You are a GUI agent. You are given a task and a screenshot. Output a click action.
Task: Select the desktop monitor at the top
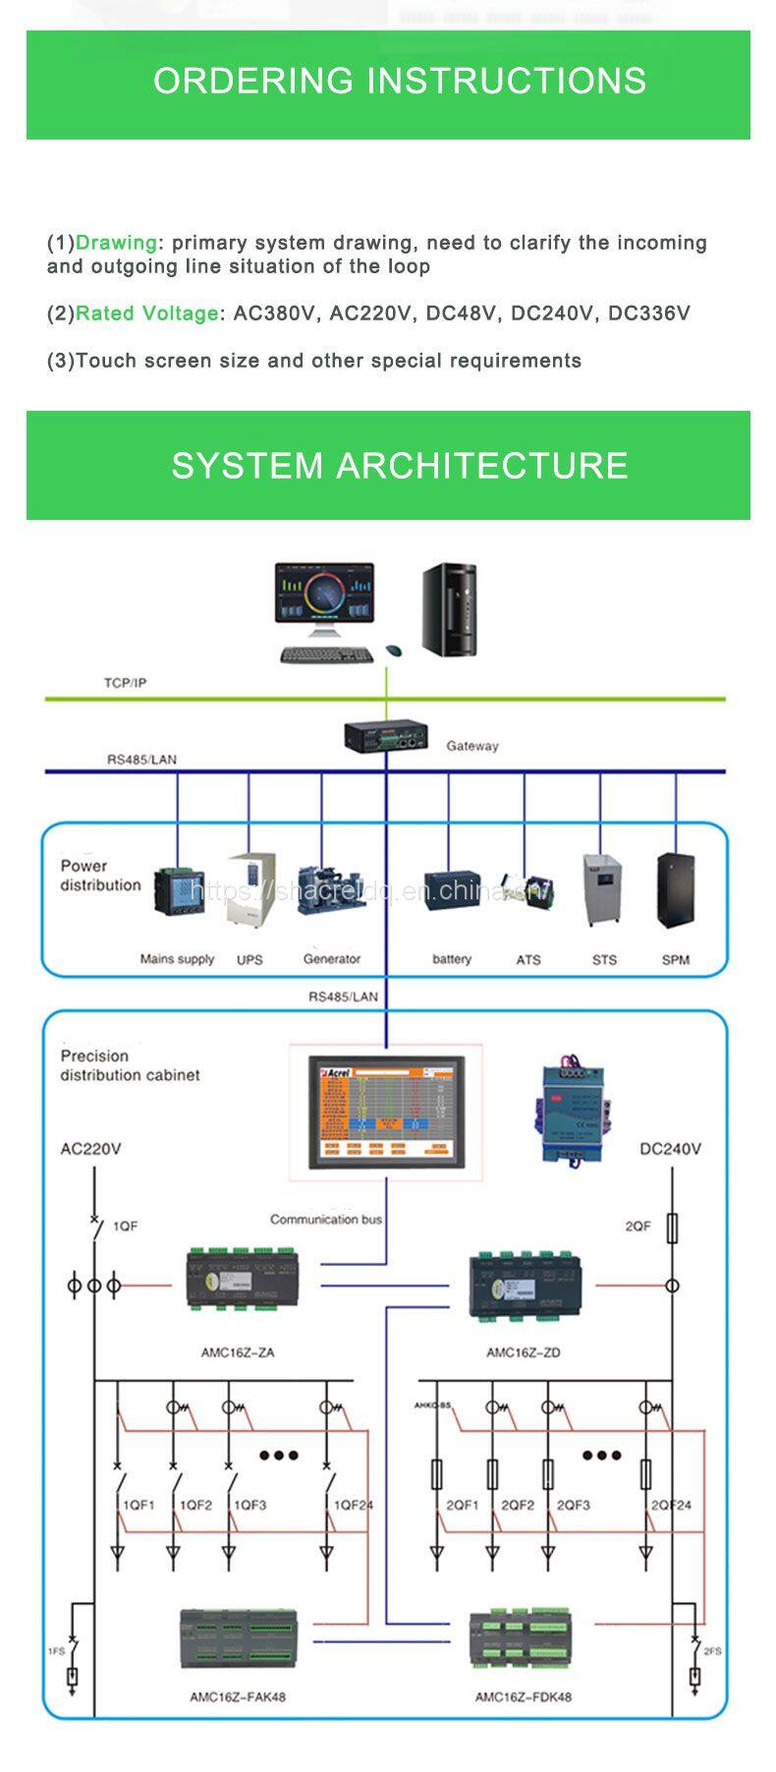325,598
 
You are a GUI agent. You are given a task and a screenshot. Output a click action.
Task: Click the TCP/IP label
125,682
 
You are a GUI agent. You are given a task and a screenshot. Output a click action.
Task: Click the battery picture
452,890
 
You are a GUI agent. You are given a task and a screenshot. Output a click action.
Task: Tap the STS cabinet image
602,890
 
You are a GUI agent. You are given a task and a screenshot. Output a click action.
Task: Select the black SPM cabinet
675,890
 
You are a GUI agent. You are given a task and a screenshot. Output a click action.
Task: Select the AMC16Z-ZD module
525,1283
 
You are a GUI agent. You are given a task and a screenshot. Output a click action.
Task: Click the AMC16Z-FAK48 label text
238,1696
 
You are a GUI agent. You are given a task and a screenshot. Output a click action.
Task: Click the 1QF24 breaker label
354,1505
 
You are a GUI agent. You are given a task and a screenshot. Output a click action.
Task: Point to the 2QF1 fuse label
463,1505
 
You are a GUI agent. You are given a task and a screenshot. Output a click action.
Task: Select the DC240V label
670,1149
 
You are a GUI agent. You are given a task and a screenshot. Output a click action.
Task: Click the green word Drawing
116,243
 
